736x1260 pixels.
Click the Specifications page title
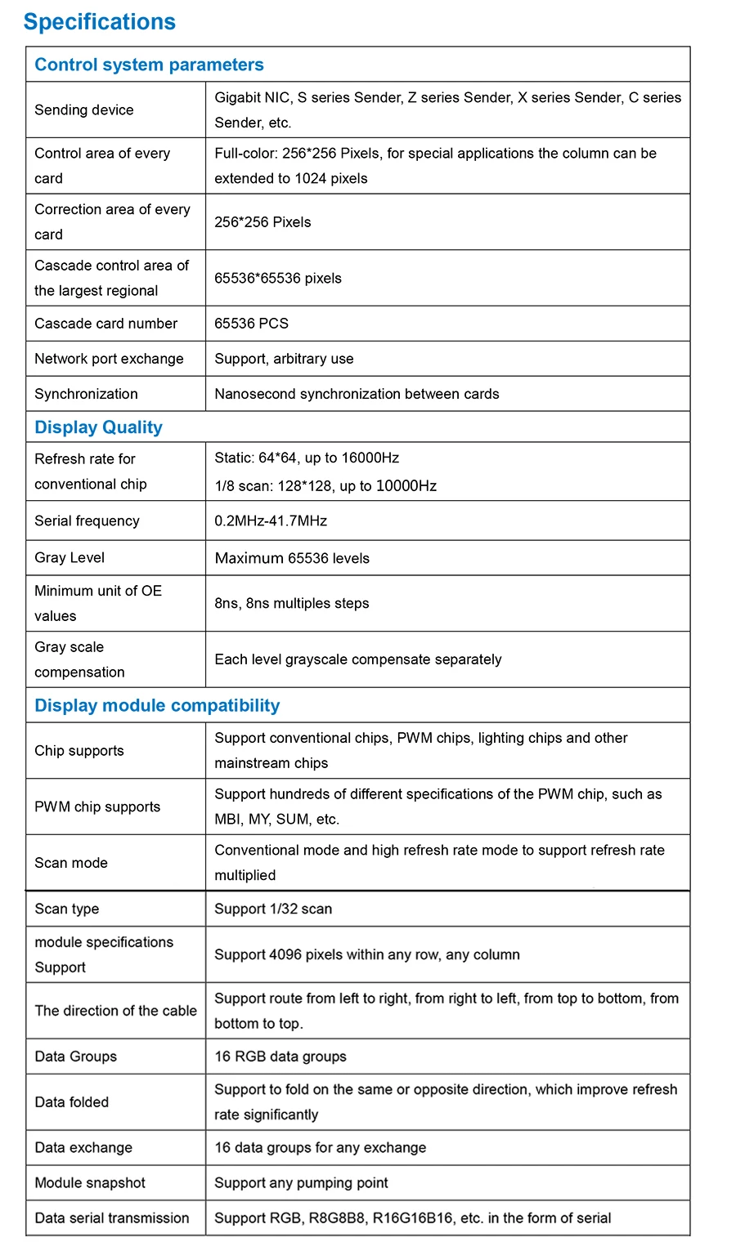(x=99, y=22)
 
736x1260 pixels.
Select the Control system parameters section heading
(x=149, y=65)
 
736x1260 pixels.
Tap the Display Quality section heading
(x=98, y=427)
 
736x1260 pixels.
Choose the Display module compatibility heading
(x=157, y=705)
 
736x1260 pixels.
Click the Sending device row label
(x=83, y=109)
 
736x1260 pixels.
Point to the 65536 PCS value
(x=251, y=324)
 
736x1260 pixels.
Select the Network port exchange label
(x=109, y=359)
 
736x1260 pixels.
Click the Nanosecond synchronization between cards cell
(x=357, y=394)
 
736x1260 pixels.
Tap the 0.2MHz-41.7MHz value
(x=271, y=521)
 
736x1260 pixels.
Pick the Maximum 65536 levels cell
(x=292, y=558)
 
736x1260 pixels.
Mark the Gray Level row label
(x=70, y=557)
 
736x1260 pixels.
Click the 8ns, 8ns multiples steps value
(x=292, y=603)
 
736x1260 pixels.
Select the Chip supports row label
(x=79, y=750)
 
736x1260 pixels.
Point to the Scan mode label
(x=71, y=863)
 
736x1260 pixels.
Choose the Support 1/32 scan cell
(x=273, y=909)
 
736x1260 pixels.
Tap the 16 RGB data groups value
(x=280, y=1057)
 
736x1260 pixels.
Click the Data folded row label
(x=71, y=1101)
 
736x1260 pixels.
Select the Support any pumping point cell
(x=301, y=1182)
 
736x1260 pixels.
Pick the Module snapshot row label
(x=90, y=1182)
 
